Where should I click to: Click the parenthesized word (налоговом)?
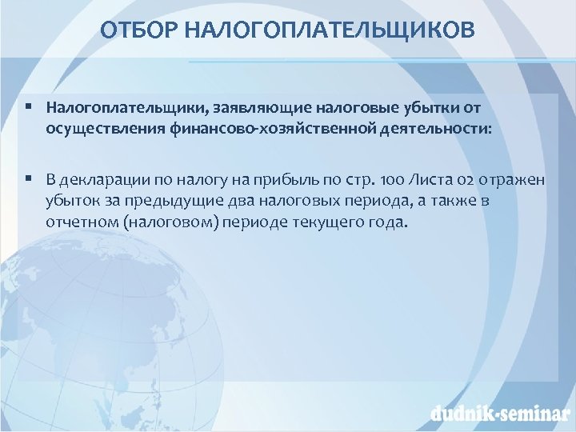click(x=166, y=222)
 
